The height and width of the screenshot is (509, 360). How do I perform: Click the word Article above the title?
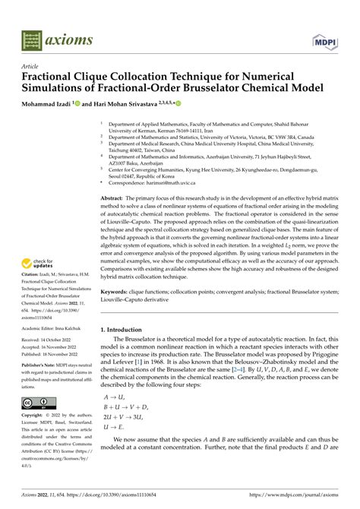pyautogui.click(x=30, y=67)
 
